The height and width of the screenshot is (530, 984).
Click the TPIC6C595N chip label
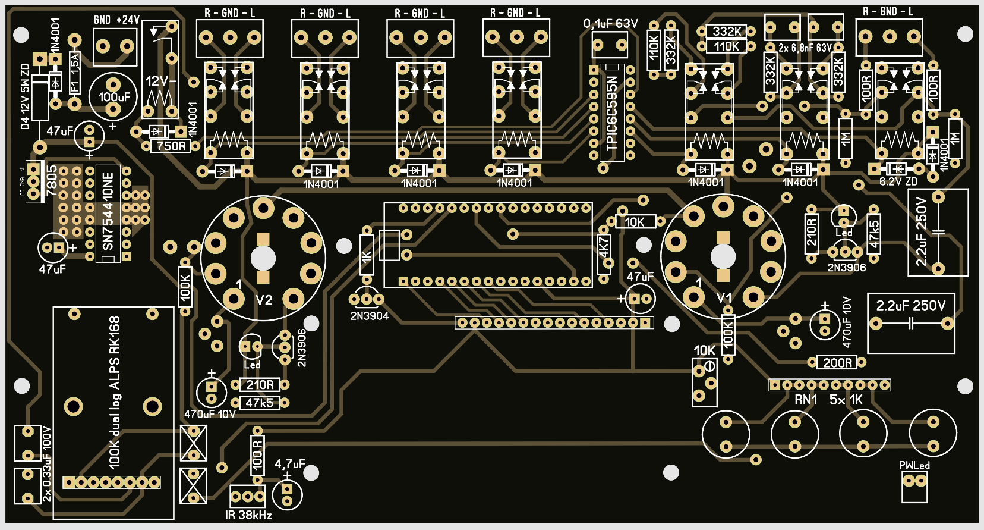612,113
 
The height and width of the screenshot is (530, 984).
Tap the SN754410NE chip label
108,211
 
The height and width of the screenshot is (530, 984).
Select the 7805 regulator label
52,181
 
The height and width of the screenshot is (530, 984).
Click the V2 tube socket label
264,300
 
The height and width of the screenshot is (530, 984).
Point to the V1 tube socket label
724,298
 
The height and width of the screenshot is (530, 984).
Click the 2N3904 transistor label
369,316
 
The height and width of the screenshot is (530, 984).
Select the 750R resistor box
171,146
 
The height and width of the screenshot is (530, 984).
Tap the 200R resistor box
837,362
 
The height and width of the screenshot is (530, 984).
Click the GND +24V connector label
116,20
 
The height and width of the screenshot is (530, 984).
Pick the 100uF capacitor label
113,96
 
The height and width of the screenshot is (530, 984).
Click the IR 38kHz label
248,515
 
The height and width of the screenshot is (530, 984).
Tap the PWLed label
914,465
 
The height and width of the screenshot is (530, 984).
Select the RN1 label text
806,400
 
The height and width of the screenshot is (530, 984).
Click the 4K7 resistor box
604,247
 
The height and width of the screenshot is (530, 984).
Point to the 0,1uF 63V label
610,24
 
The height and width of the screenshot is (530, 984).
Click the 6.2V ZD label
898,181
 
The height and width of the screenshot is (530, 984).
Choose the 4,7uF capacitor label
289,464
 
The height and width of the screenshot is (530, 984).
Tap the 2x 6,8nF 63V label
805,48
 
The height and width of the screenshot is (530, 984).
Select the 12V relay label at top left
160,81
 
